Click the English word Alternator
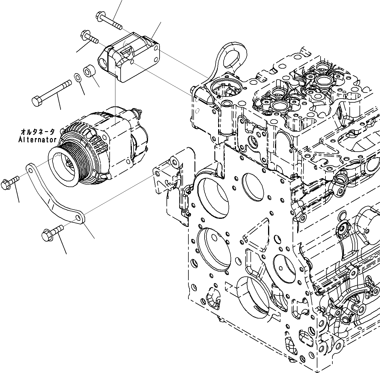point(38,140)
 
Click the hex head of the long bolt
point(36,101)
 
